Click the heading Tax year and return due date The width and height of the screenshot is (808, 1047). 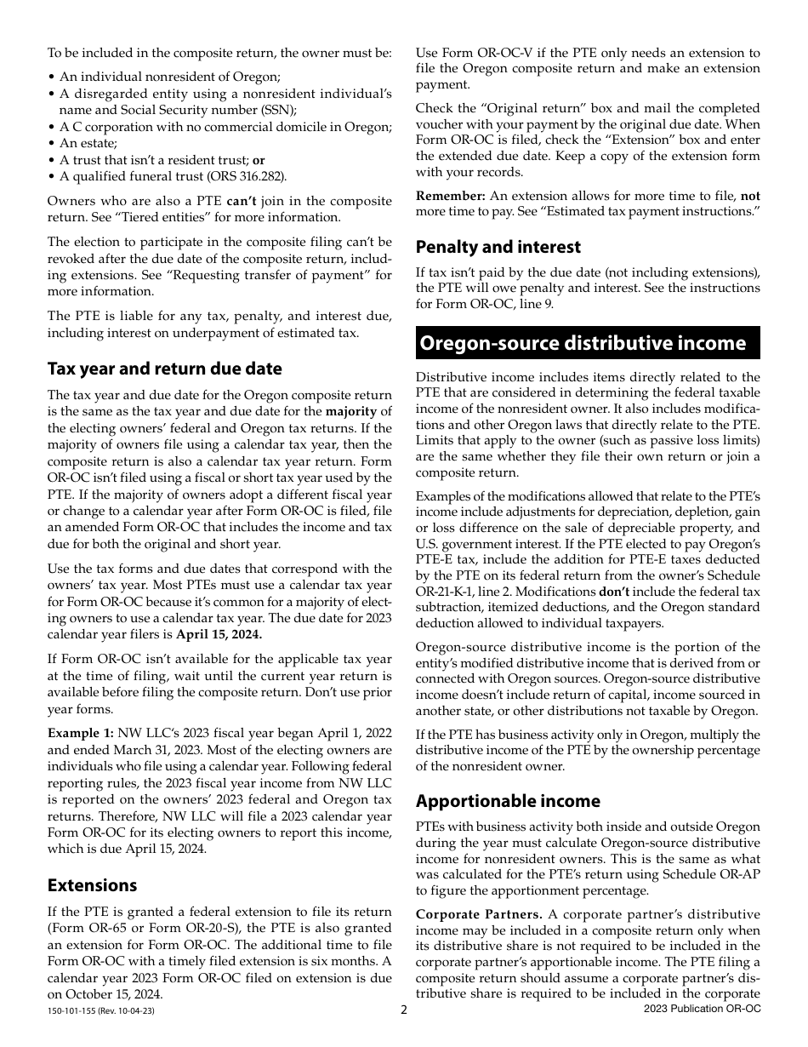pos(164,369)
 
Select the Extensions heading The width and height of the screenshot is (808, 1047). pos(92,885)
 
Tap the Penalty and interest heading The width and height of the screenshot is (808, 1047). pos(498,247)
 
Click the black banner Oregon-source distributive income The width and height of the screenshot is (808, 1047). pos(588,343)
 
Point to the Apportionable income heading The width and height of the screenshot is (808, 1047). pos(508,801)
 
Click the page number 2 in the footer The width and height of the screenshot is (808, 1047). pos(404,1010)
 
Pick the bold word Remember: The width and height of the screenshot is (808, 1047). pos(450,196)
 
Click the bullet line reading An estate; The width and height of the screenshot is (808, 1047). pos(88,144)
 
